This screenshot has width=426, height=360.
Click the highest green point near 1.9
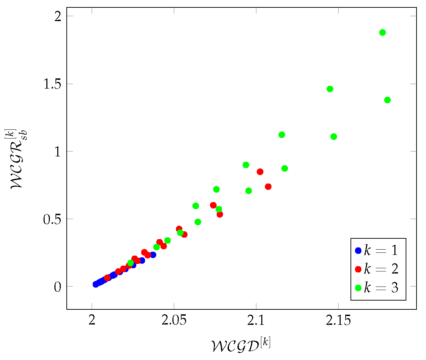tap(382, 33)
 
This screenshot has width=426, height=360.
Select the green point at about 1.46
tap(330, 89)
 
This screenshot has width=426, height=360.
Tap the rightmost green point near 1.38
tap(387, 100)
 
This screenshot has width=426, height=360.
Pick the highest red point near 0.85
tap(260, 172)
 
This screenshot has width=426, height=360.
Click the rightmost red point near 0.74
tap(268, 187)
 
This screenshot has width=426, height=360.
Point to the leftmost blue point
tap(96, 284)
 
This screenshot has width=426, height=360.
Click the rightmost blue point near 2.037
tap(153, 255)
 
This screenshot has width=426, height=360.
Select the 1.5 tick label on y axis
tap(52, 84)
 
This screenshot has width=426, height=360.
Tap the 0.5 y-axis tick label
tap(52, 219)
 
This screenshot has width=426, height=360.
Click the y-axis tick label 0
tap(57, 287)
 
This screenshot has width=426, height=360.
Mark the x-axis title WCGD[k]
tap(241, 345)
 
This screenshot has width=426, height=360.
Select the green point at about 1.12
tap(282, 135)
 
